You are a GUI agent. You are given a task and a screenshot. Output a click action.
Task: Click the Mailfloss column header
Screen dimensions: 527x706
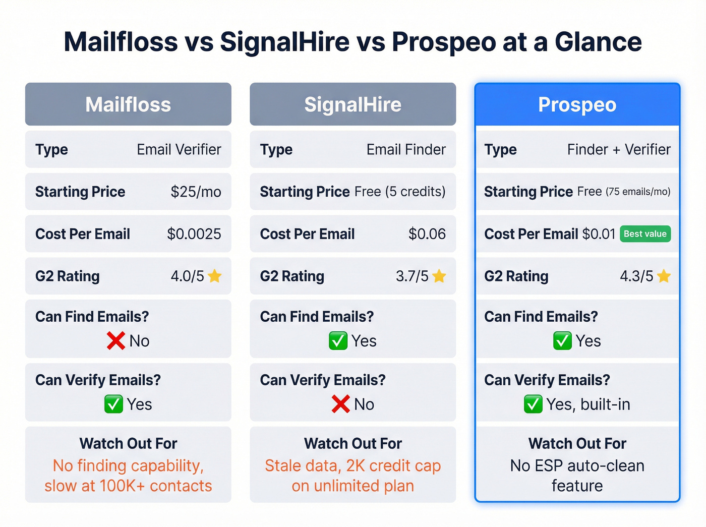pyautogui.click(x=128, y=105)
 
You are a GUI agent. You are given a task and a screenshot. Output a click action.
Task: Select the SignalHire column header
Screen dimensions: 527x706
pyautogui.click(x=352, y=105)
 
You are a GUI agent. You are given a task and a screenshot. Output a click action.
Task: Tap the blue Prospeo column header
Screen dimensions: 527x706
pyautogui.click(x=577, y=105)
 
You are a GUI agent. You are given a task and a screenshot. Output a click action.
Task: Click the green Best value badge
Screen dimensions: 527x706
pyautogui.click(x=645, y=234)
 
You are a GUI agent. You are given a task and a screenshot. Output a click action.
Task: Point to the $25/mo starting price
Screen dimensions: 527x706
pyautogui.click(x=196, y=192)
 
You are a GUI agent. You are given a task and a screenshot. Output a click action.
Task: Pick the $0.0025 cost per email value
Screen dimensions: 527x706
pyautogui.click(x=194, y=234)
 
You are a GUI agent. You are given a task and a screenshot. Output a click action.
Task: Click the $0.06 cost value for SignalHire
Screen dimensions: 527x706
pyautogui.click(x=427, y=234)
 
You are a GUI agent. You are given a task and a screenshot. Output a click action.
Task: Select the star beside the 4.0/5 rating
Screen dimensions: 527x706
pyautogui.click(x=215, y=276)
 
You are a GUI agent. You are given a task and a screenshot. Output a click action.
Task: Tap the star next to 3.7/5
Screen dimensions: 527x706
pyautogui.click(x=439, y=276)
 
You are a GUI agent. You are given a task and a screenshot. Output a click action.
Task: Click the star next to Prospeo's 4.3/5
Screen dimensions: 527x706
pyautogui.click(x=664, y=276)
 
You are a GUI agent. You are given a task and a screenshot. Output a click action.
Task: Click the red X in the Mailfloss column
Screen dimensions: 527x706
pyautogui.click(x=115, y=341)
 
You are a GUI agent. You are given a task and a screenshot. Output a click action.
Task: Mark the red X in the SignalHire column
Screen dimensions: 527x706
pyautogui.click(x=340, y=404)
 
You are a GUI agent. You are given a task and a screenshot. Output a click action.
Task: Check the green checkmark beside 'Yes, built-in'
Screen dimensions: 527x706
pyautogui.click(x=533, y=404)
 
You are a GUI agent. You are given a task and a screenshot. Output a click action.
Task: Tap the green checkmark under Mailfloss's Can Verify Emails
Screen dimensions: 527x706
pyautogui.click(x=113, y=404)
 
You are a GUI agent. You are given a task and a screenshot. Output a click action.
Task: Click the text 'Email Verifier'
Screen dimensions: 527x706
pyautogui.click(x=179, y=149)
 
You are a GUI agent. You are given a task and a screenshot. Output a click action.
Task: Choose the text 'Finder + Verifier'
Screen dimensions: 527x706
pyautogui.click(x=619, y=149)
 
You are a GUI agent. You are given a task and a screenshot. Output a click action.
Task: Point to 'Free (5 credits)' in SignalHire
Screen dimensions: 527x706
pyautogui.click(x=400, y=192)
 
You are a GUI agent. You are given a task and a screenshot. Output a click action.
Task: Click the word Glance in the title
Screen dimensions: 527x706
pyautogui.click(x=598, y=42)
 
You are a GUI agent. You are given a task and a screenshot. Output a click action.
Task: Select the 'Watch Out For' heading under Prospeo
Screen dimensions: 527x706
pyautogui.click(x=577, y=443)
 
